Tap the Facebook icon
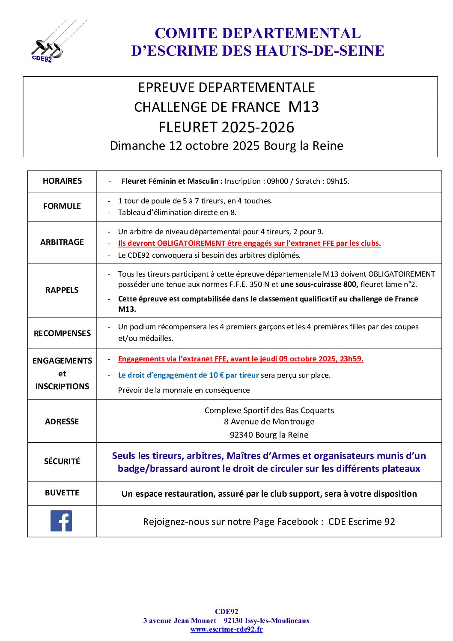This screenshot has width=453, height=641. pos(61,521)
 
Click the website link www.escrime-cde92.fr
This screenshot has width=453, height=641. pos(226,629)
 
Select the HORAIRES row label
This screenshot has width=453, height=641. pos(62,181)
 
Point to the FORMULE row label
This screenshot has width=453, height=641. pos(62,206)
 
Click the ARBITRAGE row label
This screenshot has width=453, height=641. pos(62,242)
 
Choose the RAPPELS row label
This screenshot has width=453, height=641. pos(62,290)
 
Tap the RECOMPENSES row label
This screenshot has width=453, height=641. pos(62,333)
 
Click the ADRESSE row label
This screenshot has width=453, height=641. pos(62,421)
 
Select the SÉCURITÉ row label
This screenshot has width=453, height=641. pos(62,461)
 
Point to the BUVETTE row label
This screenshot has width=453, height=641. pos(62,493)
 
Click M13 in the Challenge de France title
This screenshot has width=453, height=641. pos(304,107)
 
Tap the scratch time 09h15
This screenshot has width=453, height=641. pos(337,181)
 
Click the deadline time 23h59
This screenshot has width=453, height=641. pos(351,359)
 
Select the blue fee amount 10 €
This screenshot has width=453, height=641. pos(217,375)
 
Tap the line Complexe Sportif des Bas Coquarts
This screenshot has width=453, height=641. pos(269,410)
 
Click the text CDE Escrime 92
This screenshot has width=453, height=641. pos(361,522)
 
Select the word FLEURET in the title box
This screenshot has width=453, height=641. pos(188,127)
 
